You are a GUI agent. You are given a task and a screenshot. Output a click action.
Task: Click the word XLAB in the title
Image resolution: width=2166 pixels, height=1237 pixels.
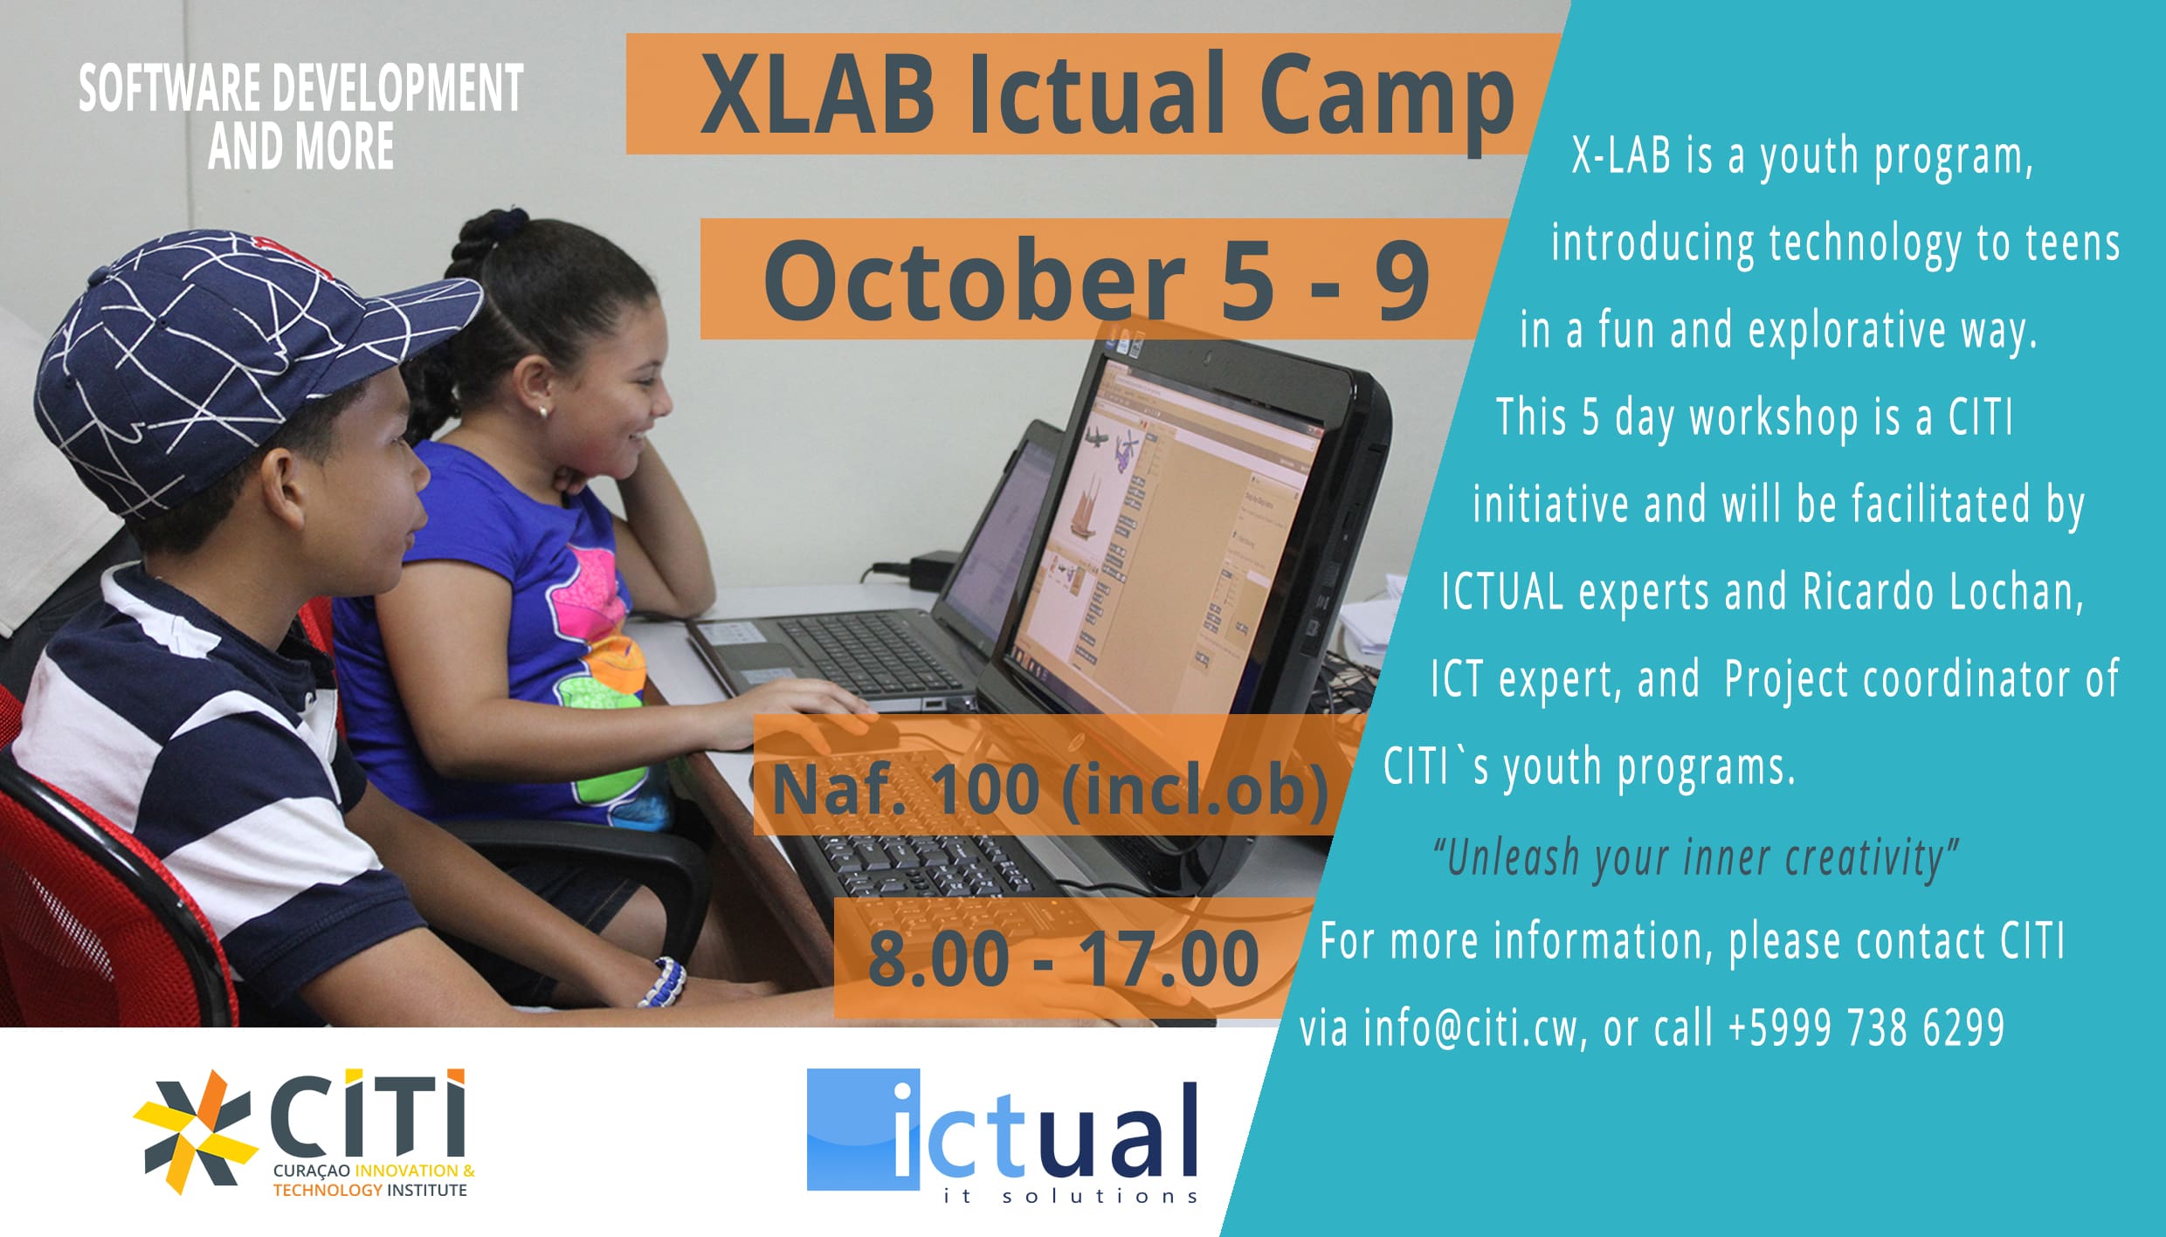point(817,94)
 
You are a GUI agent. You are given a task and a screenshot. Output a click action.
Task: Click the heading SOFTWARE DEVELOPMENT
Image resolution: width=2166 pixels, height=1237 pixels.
point(301,89)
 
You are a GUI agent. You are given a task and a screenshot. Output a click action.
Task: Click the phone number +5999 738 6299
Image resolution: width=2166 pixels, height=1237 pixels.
point(1866,1027)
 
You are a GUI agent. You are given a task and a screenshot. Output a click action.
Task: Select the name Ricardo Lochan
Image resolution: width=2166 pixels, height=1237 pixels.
point(1942,592)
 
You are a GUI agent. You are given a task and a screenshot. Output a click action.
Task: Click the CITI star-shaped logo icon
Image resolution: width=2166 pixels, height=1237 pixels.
point(195,1131)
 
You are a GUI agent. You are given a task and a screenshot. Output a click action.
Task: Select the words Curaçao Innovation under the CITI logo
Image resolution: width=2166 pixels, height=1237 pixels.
point(365,1171)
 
